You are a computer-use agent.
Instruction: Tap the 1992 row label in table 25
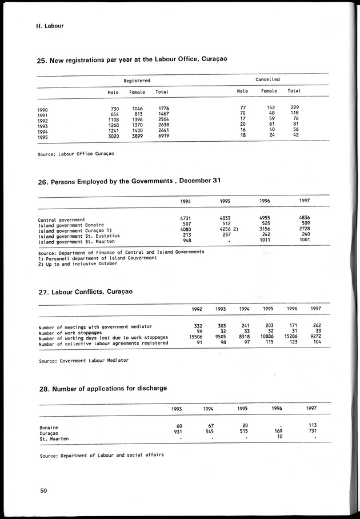click(43, 120)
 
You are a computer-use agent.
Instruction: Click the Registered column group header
click(137, 81)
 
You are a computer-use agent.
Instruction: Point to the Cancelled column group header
click(267, 79)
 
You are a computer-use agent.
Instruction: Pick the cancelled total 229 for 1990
click(294, 107)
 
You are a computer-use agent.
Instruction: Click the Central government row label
click(62, 219)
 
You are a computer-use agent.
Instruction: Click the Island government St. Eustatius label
click(79, 235)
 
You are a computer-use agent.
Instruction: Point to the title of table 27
click(85, 292)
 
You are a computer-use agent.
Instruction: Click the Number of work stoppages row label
click(70, 333)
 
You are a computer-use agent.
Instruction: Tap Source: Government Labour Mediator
click(83, 361)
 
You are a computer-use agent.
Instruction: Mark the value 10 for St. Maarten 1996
click(279, 437)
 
